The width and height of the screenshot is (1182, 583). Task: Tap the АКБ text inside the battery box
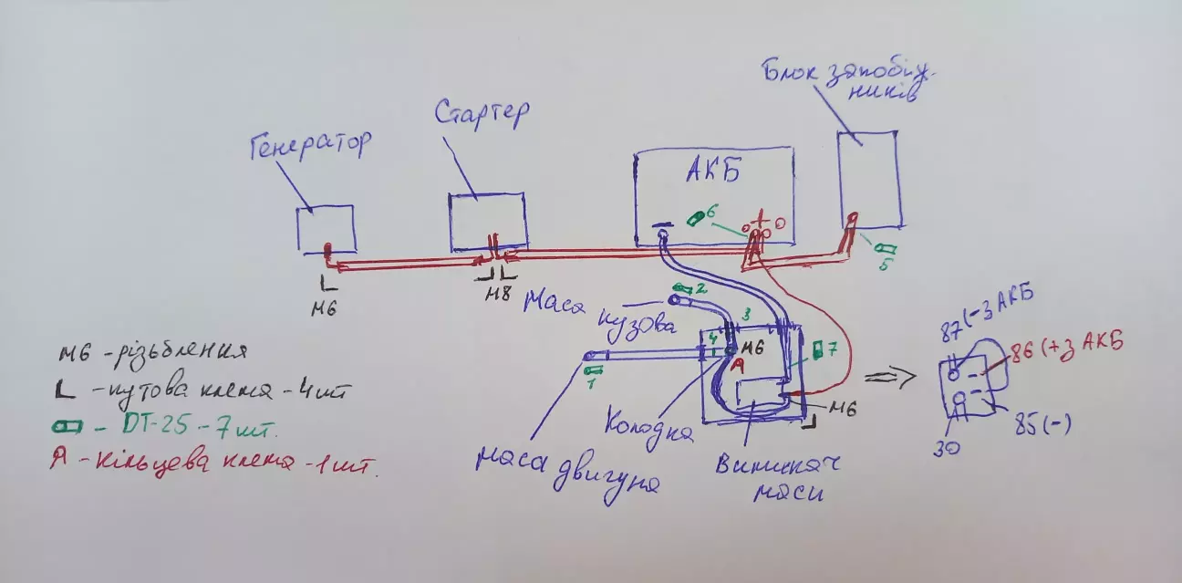point(710,172)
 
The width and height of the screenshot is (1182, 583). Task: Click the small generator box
point(325,228)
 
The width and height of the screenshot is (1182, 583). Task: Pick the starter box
point(487,221)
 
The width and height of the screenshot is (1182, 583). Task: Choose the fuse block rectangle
point(870,178)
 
